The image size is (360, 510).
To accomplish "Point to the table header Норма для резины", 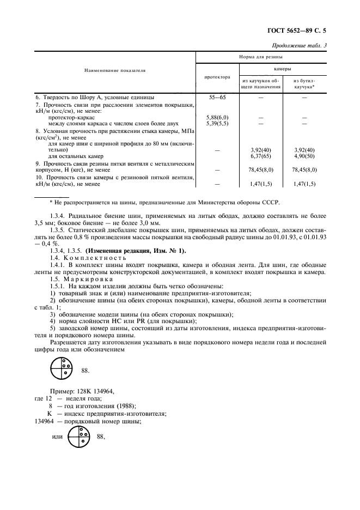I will [x=261, y=57].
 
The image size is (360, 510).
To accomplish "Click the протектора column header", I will [x=217, y=77].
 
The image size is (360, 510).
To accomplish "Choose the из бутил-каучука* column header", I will [x=304, y=83].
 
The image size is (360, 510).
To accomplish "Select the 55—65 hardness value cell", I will [x=217, y=96].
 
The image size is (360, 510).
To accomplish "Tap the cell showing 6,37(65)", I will [x=261, y=156].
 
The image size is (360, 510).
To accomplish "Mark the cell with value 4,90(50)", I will [x=304, y=156].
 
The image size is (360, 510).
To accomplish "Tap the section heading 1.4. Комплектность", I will [x=80, y=257].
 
